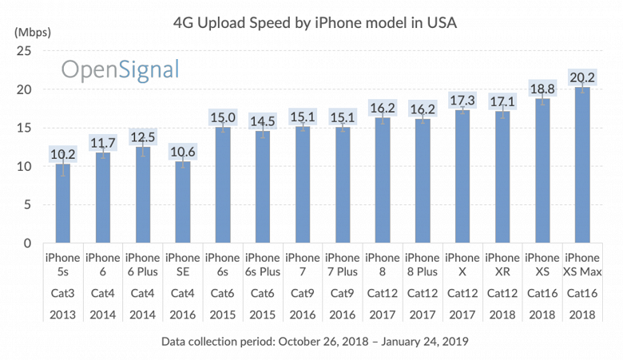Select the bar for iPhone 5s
(x=63, y=204)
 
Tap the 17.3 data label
(x=462, y=101)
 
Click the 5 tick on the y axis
(x=28, y=204)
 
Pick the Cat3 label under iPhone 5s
(x=63, y=293)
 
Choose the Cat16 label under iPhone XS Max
(x=582, y=293)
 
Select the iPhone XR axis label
(x=502, y=265)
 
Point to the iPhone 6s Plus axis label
(x=263, y=265)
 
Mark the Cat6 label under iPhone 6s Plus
(x=263, y=293)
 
